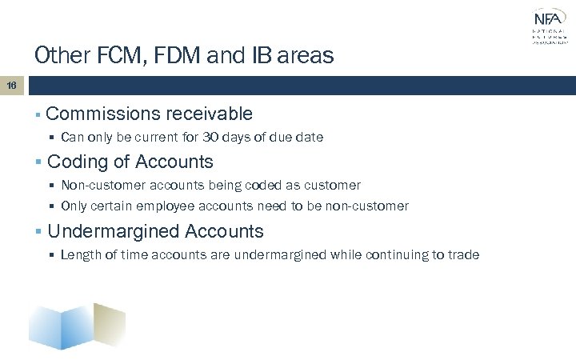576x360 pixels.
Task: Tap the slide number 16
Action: pyautogui.click(x=12, y=84)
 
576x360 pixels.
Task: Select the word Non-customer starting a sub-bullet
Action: pyautogui.click(x=100, y=186)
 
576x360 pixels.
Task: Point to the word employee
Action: pyautogui.click(x=201, y=206)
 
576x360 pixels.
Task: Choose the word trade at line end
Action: pyautogui.click(x=464, y=255)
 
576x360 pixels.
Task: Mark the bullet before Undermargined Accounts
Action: pyautogui.click(x=39, y=233)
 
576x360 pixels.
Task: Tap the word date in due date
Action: pyautogui.click(x=310, y=138)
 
